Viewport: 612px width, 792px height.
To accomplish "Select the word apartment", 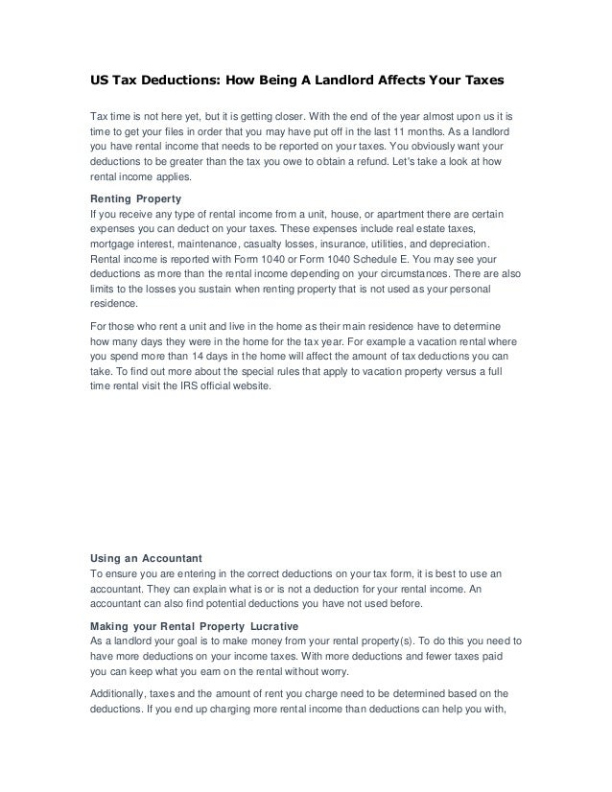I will [x=393, y=212].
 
